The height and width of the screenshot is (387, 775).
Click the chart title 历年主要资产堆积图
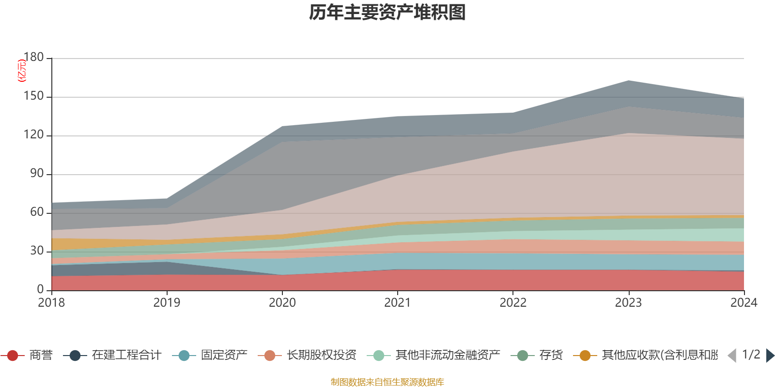[x=387, y=13]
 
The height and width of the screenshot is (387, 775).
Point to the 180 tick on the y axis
[x=33, y=58]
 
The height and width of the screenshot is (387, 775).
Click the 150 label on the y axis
[x=33, y=96]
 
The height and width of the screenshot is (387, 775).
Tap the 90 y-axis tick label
[x=37, y=174]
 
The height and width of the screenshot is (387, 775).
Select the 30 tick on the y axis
[x=37, y=251]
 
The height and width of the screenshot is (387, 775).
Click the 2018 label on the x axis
[x=51, y=303]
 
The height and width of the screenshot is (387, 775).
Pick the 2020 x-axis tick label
[x=282, y=303]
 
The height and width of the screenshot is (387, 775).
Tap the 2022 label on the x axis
[x=513, y=303]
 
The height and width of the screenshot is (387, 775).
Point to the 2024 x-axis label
[x=744, y=303]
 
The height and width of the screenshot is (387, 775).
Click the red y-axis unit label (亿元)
[x=21, y=71]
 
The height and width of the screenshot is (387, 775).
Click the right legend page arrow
[x=770, y=356]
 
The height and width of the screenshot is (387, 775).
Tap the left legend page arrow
[x=732, y=356]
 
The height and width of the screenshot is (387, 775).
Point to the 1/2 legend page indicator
[x=751, y=355]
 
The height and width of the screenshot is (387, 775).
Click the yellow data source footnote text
[x=387, y=382]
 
